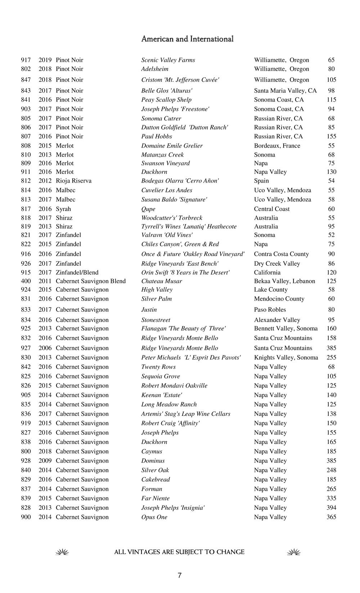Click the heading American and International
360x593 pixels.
point(187,39)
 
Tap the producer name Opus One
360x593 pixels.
point(154,517)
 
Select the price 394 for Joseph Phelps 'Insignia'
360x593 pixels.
point(331,508)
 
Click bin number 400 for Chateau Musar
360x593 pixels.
point(26,281)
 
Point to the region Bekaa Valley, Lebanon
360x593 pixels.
point(284,281)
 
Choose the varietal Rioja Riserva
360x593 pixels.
point(73,181)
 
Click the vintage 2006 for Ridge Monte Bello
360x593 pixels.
point(45,348)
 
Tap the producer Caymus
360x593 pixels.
point(152,452)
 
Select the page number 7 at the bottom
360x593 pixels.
point(180,575)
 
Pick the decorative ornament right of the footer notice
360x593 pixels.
point(294,552)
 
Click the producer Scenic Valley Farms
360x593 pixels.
point(168,60)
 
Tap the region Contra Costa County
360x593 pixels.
point(281,254)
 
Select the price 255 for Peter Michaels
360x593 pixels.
point(331,358)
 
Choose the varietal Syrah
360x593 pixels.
point(63,209)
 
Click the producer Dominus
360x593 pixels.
point(153,461)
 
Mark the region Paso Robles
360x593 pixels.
point(270,310)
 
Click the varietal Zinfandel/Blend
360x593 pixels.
point(77,273)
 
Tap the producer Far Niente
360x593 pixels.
point(155,498)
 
